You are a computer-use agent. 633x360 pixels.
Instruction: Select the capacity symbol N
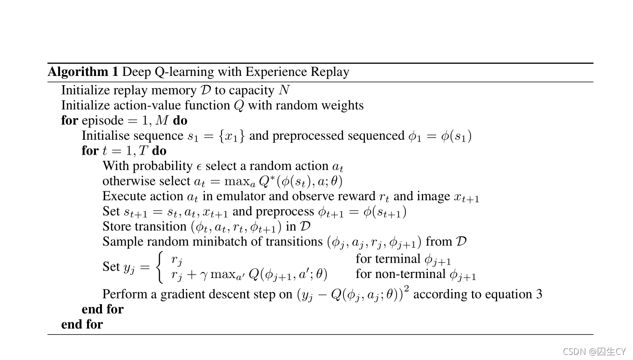284,90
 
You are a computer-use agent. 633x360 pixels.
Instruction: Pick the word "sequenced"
375,136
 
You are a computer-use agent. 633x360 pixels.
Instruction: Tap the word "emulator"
243,197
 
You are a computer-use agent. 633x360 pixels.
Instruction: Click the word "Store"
116,226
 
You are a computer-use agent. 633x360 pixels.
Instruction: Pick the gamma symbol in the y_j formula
203,275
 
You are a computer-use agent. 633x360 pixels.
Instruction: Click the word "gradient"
182,294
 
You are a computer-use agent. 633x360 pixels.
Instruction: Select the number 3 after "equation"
539,294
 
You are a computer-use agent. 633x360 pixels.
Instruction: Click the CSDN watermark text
594,352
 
